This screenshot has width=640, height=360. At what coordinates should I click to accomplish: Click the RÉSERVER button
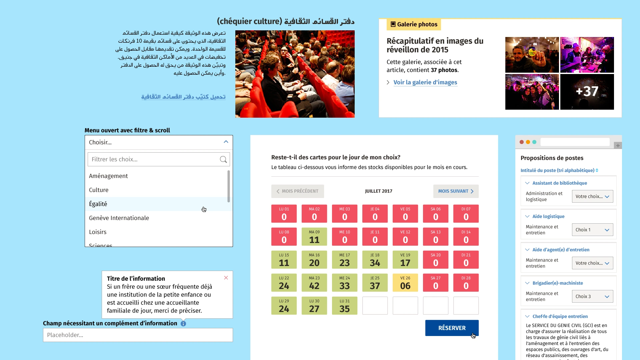(x=452, y=328)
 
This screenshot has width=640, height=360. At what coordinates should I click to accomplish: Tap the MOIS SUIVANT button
(x=456, y=191)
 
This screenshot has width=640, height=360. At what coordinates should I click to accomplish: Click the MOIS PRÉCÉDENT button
(x=297, y=191)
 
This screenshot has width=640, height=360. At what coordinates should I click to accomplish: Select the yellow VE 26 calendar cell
(x=405, y=283)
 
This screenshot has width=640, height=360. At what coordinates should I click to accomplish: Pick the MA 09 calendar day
(x=314, y=237)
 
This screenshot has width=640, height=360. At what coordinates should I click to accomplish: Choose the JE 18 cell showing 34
(x=375, y=260)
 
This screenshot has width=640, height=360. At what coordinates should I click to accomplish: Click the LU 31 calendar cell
(x=345, y=306)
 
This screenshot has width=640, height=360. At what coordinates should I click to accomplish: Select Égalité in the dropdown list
(x=98, y=204)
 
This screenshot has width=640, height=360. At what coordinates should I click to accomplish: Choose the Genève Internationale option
(x=119, y=218)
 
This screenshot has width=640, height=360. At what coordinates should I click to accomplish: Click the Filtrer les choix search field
(x=153, y=159)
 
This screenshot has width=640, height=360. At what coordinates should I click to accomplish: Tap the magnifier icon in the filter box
(x=223, y=159)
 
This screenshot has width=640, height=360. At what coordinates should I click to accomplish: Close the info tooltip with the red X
(x=226, y=278)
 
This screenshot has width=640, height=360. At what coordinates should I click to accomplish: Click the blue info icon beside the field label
(x=183, y=324)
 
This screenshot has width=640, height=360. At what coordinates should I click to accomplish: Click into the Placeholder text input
(x=138, y=335)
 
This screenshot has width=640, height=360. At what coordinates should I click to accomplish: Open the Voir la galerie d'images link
(x=425, y=82)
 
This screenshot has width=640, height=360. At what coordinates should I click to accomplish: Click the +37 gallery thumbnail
(x=587, y=92)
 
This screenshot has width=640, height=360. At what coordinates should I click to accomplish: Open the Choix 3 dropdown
(x=592, y=296)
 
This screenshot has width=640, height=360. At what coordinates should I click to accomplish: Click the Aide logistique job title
(x=548, y=216)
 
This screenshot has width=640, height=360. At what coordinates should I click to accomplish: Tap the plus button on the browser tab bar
(x=618, y=145)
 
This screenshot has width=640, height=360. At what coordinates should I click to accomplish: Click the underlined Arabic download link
(x=183, y=97)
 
